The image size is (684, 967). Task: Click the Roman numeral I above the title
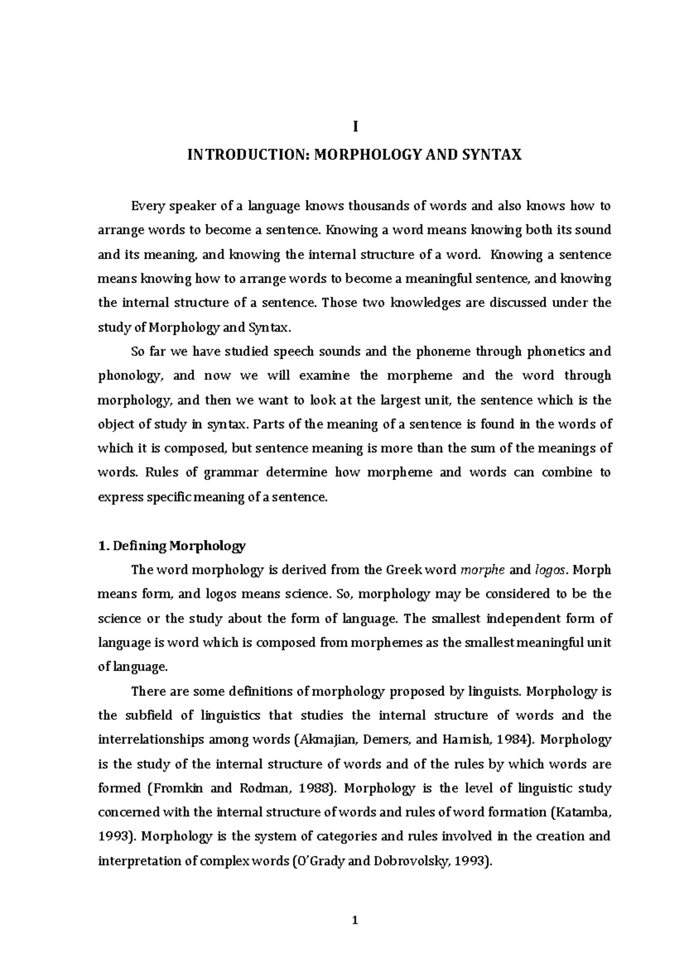[x=355, y=126]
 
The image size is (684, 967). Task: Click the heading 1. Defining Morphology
[x=172, y=546]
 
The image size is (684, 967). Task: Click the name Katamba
[x=587, y=812]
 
